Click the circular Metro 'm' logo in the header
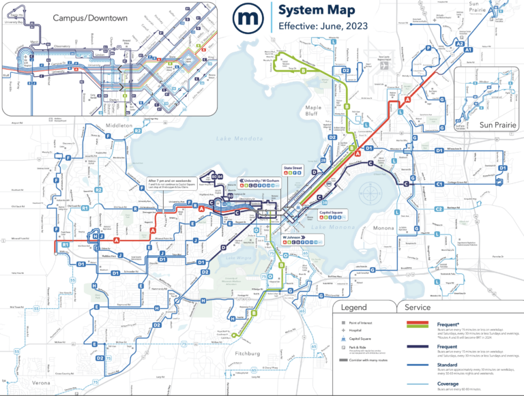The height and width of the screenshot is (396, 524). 247,18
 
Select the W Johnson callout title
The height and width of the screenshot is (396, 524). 295,239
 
